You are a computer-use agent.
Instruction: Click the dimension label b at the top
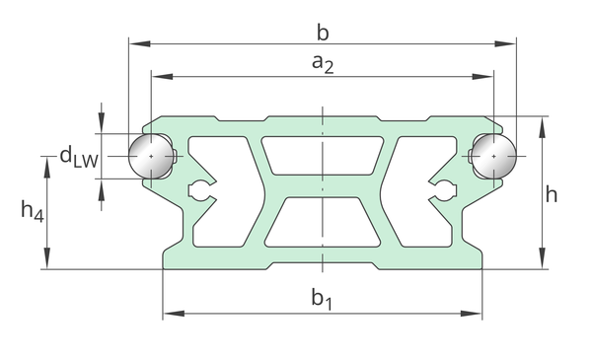coord(323,33)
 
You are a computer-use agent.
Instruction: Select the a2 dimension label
coord(323,63)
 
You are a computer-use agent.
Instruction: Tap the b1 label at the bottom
coord(322,299)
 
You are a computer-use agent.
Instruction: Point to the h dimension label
coord(552,194)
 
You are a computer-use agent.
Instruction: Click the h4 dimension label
coord(33,210)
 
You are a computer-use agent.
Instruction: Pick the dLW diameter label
coord(79,156)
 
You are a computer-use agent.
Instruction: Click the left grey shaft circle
coord(151,156)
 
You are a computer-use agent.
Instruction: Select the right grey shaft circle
coord(494,156)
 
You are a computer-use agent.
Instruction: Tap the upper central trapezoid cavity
coord(323,156)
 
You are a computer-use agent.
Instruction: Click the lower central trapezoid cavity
coord(323,223)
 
